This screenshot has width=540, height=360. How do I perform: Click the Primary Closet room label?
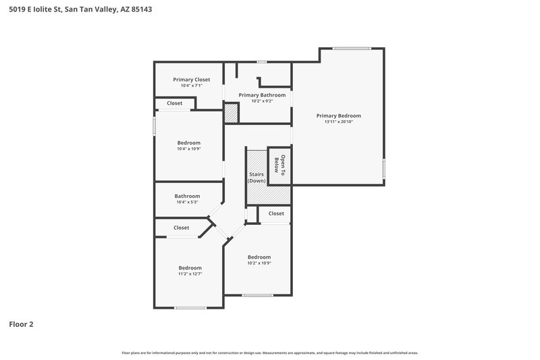click(x=191, y=80)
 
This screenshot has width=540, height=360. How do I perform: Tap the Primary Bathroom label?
click(x=262, y=95)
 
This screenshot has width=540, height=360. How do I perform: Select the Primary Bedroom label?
click(x=339, y=115)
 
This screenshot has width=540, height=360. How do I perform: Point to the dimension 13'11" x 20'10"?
click(x=339, y=122)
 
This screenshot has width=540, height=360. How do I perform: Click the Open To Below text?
click(x=279, y=165)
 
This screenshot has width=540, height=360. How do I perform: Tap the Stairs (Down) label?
click(x=256, y=178)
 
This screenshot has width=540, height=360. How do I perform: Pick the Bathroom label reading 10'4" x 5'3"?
click(x=188, y=196)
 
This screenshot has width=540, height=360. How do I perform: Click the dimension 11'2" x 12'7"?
click(x=190, y=274)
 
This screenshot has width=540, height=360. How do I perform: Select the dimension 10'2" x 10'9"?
click(x=259, y=263)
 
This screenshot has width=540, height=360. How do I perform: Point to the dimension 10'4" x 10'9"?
click(x=189, y=149)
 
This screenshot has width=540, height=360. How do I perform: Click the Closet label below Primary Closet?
click(x=175, y=103)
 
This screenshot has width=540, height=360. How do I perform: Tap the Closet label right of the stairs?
click(x=276, y=213)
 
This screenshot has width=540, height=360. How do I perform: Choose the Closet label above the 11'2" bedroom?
click(x=182, y=228)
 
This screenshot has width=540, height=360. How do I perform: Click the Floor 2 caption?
click(x=21, y=324)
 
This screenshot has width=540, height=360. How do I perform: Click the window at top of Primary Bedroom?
click(x=351, y=48)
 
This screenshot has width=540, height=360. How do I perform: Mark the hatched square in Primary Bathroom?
click(x=232, y=113)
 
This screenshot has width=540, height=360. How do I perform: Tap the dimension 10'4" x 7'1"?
click(x=191, y=86)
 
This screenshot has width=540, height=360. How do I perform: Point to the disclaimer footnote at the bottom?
click(x=269, y=353)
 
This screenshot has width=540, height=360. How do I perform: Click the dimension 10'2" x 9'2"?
click(x=262, y=101)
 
